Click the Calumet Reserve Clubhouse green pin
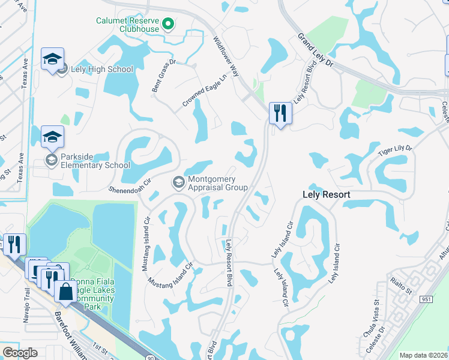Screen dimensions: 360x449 (x=169, y=25)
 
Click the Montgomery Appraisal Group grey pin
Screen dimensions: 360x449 (x=179, y=182)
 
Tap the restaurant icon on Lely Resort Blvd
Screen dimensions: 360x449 (x=280, y=112)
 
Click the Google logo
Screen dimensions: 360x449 (x=20, y=352)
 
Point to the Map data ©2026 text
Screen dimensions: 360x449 (x=423, y=355)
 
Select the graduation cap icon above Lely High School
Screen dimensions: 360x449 (x=52, y=59)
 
